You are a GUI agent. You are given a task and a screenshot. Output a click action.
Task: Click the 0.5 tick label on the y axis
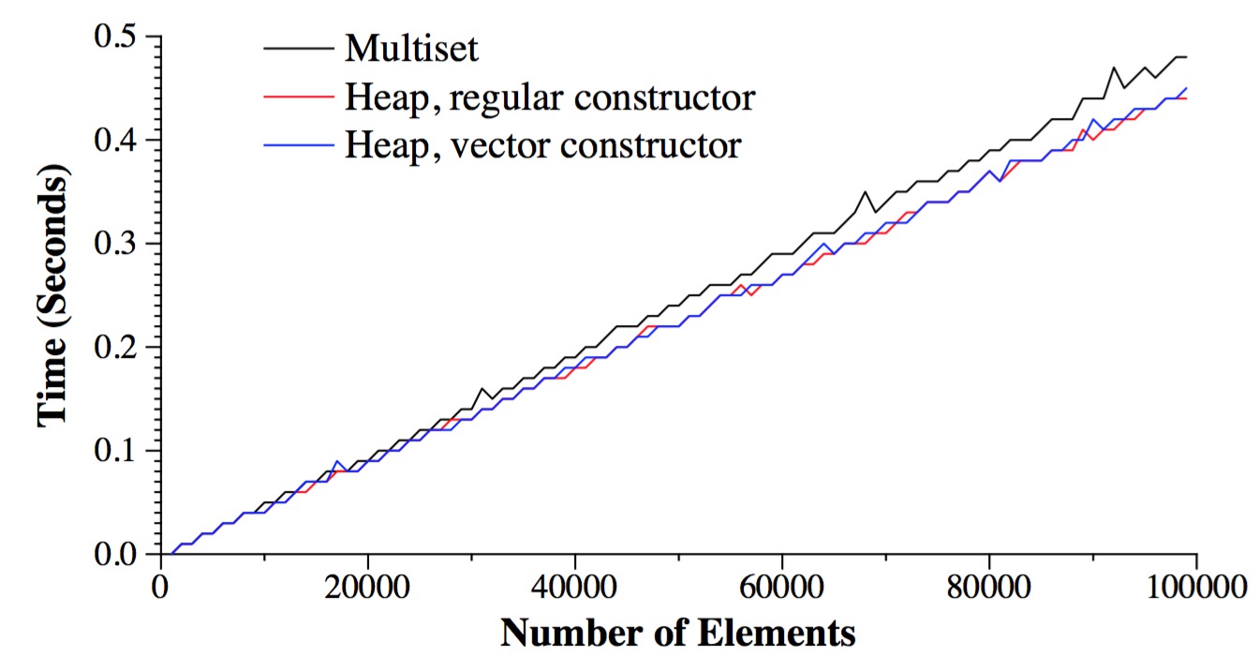pos(124,38)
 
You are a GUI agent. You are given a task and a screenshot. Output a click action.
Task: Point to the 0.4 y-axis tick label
pos(124,142)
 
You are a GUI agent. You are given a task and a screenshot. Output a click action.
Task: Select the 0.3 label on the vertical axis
pos(124,245)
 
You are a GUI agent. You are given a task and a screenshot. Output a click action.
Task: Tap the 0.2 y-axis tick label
pos(124,348)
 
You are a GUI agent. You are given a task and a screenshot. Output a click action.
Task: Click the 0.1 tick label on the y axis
pos(124,451)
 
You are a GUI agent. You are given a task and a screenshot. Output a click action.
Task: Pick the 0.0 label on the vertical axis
pos(124,554)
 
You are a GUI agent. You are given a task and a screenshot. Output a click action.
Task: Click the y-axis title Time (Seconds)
pos(54,297)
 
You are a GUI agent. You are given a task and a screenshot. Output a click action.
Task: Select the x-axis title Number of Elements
pos(677,634)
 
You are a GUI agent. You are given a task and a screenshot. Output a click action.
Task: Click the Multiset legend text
pos(411,48)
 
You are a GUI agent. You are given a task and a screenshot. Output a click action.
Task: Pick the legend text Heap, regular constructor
pos(549,97)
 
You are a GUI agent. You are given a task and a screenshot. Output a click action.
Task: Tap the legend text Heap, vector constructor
pos(542,145)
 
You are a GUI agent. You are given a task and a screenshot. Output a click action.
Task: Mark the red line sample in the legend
pos(297,96)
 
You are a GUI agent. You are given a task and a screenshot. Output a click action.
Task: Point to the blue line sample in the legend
pos(297,144)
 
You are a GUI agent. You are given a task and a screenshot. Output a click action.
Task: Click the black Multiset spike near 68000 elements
pos(865,193)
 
